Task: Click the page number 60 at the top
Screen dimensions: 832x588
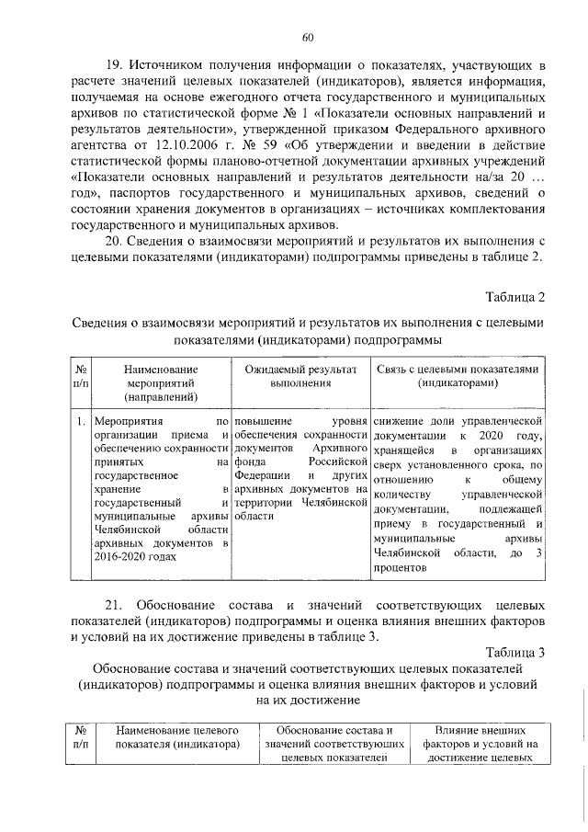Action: coord(309,37)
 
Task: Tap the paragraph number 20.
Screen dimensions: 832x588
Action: coord(115,241)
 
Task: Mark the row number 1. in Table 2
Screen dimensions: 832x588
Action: coord(82,421)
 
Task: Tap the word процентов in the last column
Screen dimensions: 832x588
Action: coord(401,568)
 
